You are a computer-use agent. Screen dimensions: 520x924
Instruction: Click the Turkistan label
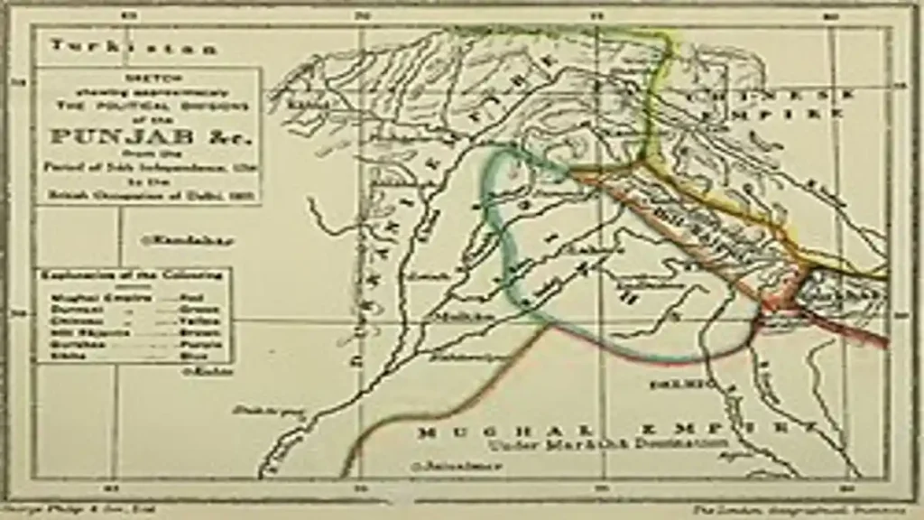pos(133,48)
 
